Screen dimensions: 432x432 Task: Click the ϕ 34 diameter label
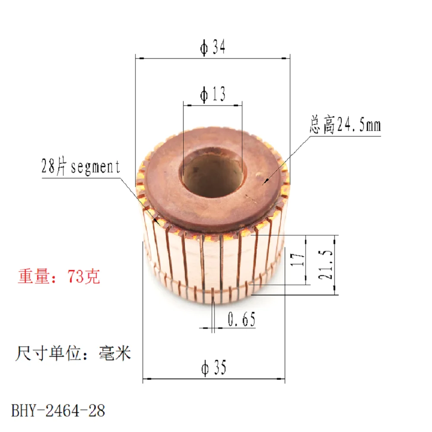213,47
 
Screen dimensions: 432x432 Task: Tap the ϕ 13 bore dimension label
213,94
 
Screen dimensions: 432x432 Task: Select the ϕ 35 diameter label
214,368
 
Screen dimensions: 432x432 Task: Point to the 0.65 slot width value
241,319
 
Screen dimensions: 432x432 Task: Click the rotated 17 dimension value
298,260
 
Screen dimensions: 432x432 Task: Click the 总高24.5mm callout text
345,125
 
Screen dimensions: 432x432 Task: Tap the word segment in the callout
95,167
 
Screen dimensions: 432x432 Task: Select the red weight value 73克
84,276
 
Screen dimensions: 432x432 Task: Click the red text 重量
34,276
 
